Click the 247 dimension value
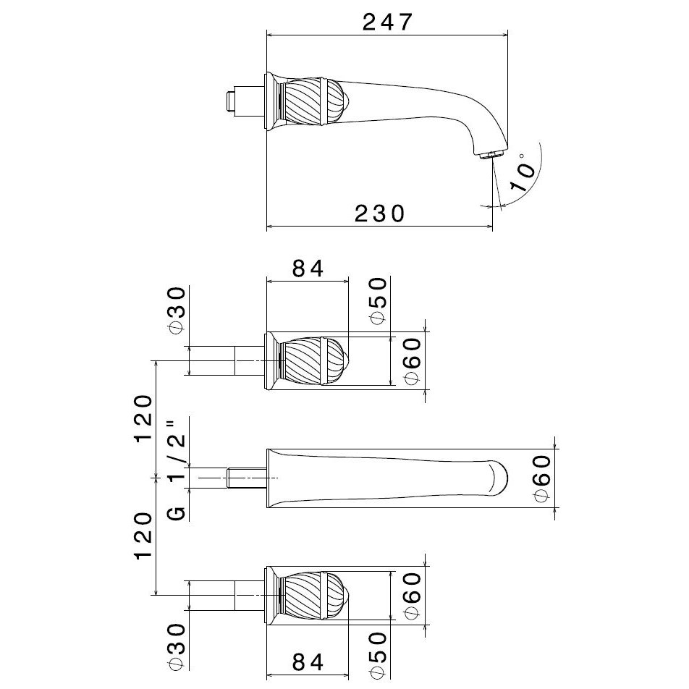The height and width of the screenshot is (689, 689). tap(388, 22)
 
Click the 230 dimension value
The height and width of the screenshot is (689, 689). tap(380, 214)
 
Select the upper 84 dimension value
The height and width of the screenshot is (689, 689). tap(308, 269)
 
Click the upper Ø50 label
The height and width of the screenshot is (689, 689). tap(379, 300)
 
